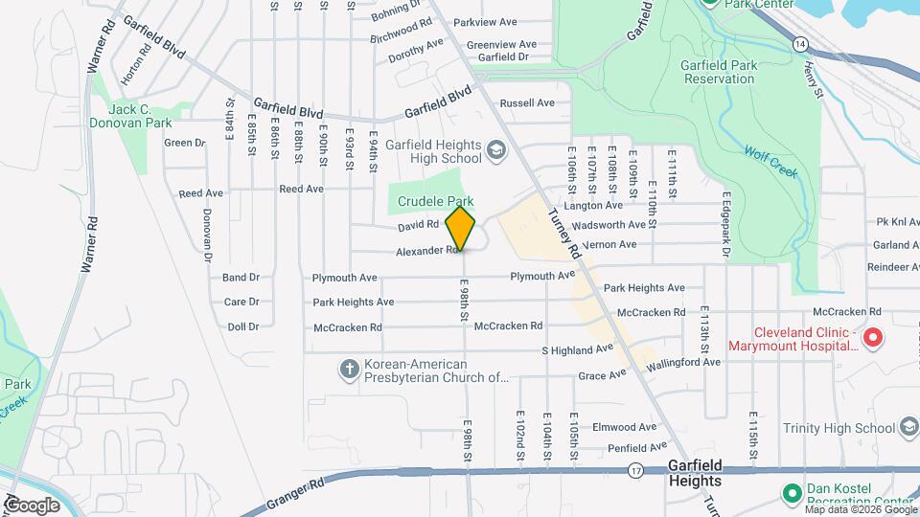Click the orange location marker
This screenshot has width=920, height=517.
(461, 230)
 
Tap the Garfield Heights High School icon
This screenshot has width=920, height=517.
(495, 150)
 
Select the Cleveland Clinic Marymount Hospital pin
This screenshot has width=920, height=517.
(873, 338)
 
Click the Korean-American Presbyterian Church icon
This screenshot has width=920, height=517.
(351, 370)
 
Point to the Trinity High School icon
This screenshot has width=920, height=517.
(909, 428)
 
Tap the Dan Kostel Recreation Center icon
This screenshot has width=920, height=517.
(792, 493)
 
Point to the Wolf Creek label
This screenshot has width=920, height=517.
(771, 160)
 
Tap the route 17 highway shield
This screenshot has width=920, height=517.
(635, 471)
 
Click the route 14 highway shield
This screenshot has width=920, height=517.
(798, 43)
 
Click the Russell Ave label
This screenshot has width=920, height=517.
(527, 102)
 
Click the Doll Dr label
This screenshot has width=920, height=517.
(242, 326)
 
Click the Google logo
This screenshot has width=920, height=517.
(34, 505)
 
